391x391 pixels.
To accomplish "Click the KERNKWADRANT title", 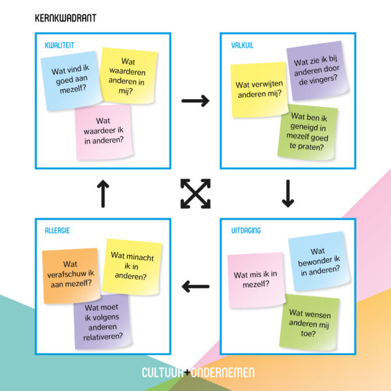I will pos(65,18).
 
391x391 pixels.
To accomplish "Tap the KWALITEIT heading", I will pos(59,44).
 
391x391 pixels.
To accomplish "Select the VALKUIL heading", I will pos(242,44).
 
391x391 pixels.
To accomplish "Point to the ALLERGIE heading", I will pos(57,230).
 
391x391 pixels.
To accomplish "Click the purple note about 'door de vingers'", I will pos(315,70).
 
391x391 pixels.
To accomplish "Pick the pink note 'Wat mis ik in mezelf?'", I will pos(255,280).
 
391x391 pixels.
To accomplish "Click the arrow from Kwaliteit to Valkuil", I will pos(195,100).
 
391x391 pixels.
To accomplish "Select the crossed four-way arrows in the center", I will pos(195,194).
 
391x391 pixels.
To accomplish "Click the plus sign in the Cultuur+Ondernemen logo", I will pos(187,373).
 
